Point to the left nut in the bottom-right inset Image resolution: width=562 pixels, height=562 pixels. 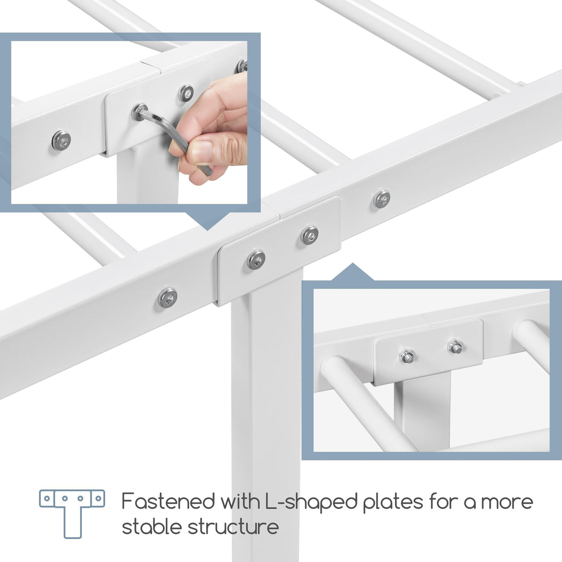point(407,356)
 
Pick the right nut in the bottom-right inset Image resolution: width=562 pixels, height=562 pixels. point(455,346)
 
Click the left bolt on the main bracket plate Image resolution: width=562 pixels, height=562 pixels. point(256,259)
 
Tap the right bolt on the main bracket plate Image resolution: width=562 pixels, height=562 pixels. point(309,235)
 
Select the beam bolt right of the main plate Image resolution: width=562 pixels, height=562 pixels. point(381,199)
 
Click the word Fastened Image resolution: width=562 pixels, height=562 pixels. point(169,501)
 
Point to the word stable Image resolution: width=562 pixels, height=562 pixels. point(152,527)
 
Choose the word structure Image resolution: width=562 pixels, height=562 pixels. point(233,527)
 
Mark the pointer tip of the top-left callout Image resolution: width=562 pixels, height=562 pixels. point(207,229)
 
